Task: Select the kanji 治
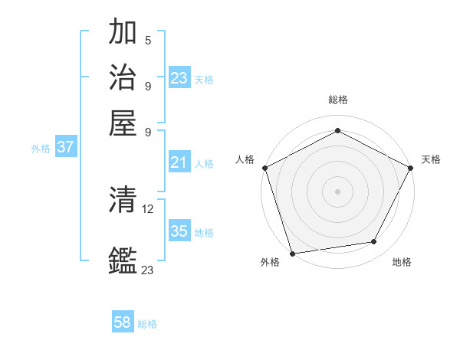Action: click(123, 77)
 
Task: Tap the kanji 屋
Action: click(123, 121)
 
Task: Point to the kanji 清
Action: click(123, 200)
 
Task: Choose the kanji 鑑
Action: click(123, 261)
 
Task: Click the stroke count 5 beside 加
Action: click(147, 41)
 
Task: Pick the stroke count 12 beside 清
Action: click(149, 208)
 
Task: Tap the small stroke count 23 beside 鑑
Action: click(148, 270)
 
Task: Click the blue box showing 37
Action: click(65, 147)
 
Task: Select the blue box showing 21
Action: click(179, 162)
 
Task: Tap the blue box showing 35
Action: click(179, 231)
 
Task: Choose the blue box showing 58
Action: click(122, 322)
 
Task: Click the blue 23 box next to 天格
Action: click(179, 77)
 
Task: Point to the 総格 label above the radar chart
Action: click(337, 100)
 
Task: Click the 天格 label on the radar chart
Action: click(431, 159)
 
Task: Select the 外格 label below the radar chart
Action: click(270, 263)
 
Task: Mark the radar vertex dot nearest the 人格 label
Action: click(264, 168)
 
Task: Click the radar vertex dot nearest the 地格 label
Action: click(374, 242)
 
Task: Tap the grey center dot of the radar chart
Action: click(337, 191)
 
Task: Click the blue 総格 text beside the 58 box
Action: click(147, 324)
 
